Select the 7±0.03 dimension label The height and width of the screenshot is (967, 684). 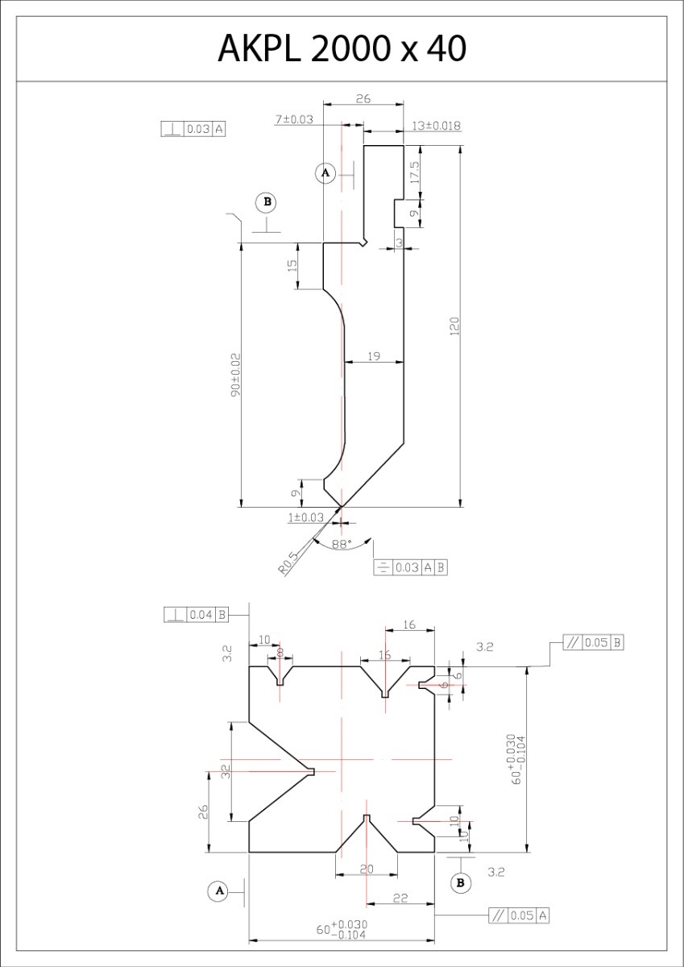pyautogui.click(x=294, y=119)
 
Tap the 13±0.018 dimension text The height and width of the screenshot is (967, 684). pyautogui.click(x=436, y=126)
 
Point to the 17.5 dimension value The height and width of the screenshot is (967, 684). pyautogui.click(x=413, y=172)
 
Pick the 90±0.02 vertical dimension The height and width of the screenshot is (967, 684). pyautogui.click(x=235, y=374)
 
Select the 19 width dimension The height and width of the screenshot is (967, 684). pyautogui.click(x=374, y=355)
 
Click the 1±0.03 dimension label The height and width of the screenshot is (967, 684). pyautogui.click(x=305, y=517)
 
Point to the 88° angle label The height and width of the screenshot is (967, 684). pyautogui.click(x=342, y=545)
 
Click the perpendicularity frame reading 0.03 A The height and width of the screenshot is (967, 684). pyautogui.click(x=193, y=129)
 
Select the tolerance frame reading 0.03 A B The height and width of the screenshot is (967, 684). pyautogui.click(x=411, y=567)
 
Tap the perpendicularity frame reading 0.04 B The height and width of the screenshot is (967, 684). pyautogui.click(x=197, y=615)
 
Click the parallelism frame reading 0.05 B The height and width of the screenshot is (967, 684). pyautogui.click(x=593, y=643)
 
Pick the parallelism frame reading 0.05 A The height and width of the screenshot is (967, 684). pyautogui.click(x=520, y=915)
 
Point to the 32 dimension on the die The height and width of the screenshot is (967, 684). pyautogui.click(x=226, y=770)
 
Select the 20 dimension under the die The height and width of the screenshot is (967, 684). pyautogui.click(x=367, y=869)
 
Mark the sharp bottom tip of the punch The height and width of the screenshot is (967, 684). pyautogui.click(x=342, y=507)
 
